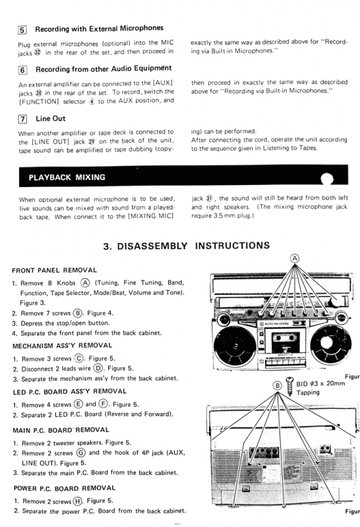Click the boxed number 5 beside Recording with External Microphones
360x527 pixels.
point(22,30)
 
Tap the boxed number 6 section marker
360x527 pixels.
point(22,70)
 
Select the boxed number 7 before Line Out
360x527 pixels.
point(22,119)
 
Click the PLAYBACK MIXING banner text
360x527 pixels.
point(67,177)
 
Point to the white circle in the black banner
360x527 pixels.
point(326,179)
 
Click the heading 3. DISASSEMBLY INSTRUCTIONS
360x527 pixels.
point(187,246)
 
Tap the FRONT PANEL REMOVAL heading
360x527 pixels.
point(55,270)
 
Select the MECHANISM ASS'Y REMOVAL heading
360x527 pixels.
point(62,345)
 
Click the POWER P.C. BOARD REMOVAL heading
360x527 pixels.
point(65,488)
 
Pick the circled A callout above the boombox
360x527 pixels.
point(295,258)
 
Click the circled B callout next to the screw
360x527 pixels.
point(277,385)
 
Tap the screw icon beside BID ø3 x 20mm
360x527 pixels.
point(289,387)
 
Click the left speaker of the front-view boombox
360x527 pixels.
point(235,347)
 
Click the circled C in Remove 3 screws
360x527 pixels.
point(78,358)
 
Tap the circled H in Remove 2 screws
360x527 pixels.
point(77,501)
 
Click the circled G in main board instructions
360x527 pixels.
point(80,453)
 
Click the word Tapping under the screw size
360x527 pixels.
point(308,392)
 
